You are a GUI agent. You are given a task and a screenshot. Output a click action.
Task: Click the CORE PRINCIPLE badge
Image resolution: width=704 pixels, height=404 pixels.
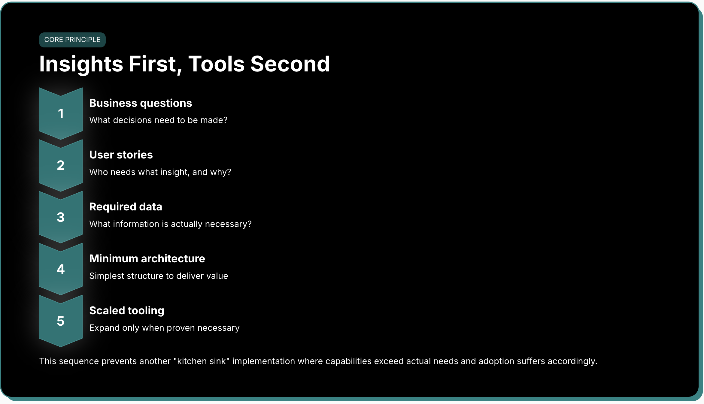click(x=72, y=40)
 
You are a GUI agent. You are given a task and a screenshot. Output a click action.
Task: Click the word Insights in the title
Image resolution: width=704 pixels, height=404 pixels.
click(x=81, y=64)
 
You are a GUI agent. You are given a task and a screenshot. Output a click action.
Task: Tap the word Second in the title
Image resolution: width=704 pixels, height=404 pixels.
click(x=290, y=64)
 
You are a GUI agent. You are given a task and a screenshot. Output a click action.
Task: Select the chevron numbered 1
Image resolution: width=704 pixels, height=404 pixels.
click(x=61, y=113)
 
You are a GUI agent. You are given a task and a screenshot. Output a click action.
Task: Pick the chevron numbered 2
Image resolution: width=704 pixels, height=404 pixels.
click(x=61, y=165)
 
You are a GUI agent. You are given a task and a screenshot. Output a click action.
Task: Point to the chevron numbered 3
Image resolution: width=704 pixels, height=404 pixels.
click(x=61, y=217)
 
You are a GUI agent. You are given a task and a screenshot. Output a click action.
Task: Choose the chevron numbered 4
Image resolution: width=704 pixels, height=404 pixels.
click(x=61, y=269)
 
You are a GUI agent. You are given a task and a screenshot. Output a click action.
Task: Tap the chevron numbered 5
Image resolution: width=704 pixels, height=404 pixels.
click(x=61, y=321)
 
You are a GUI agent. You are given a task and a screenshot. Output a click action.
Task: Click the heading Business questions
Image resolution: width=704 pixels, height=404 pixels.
click(x=141, y=103)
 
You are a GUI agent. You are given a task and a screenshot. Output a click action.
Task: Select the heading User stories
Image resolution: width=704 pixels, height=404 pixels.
click(x=121, y=155)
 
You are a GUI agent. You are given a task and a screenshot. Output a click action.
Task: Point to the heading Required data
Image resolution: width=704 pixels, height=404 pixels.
click(x=126, y=207)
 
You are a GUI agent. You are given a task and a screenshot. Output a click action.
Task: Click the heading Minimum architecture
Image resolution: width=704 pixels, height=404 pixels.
click(x=147, y=259)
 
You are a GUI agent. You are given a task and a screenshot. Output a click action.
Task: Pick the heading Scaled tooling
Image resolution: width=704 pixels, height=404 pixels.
click(x=127, y=311)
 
